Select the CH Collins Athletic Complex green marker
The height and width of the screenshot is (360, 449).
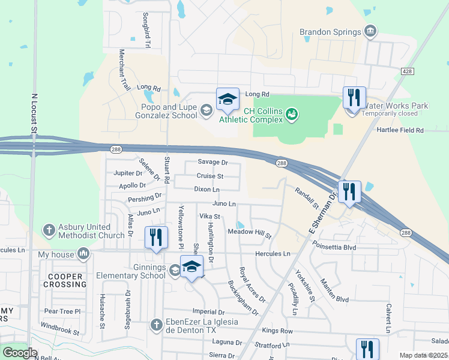(x=292, y=113)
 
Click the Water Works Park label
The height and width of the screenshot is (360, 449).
(x=395, y=106)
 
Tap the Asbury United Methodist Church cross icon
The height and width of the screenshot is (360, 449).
(x=49, y=230)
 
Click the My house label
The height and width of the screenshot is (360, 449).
(x=55, y=254)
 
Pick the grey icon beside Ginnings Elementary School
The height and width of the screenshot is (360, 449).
(x=174, y=270)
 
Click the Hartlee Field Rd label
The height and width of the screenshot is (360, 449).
(x=400, y=130)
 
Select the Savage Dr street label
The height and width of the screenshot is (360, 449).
(x=213, y=163)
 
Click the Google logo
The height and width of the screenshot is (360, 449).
(x=20, y=353)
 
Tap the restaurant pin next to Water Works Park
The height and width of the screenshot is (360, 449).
(x=354, y=98)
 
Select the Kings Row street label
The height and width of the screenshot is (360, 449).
(x=277, y=331)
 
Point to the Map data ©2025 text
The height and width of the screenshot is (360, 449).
(x=423, y=355)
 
